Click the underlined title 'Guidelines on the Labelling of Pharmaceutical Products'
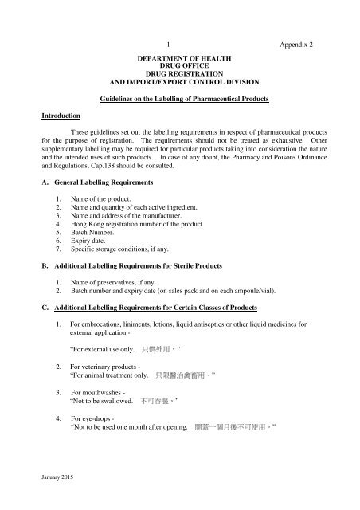click(x=180, y=97)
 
